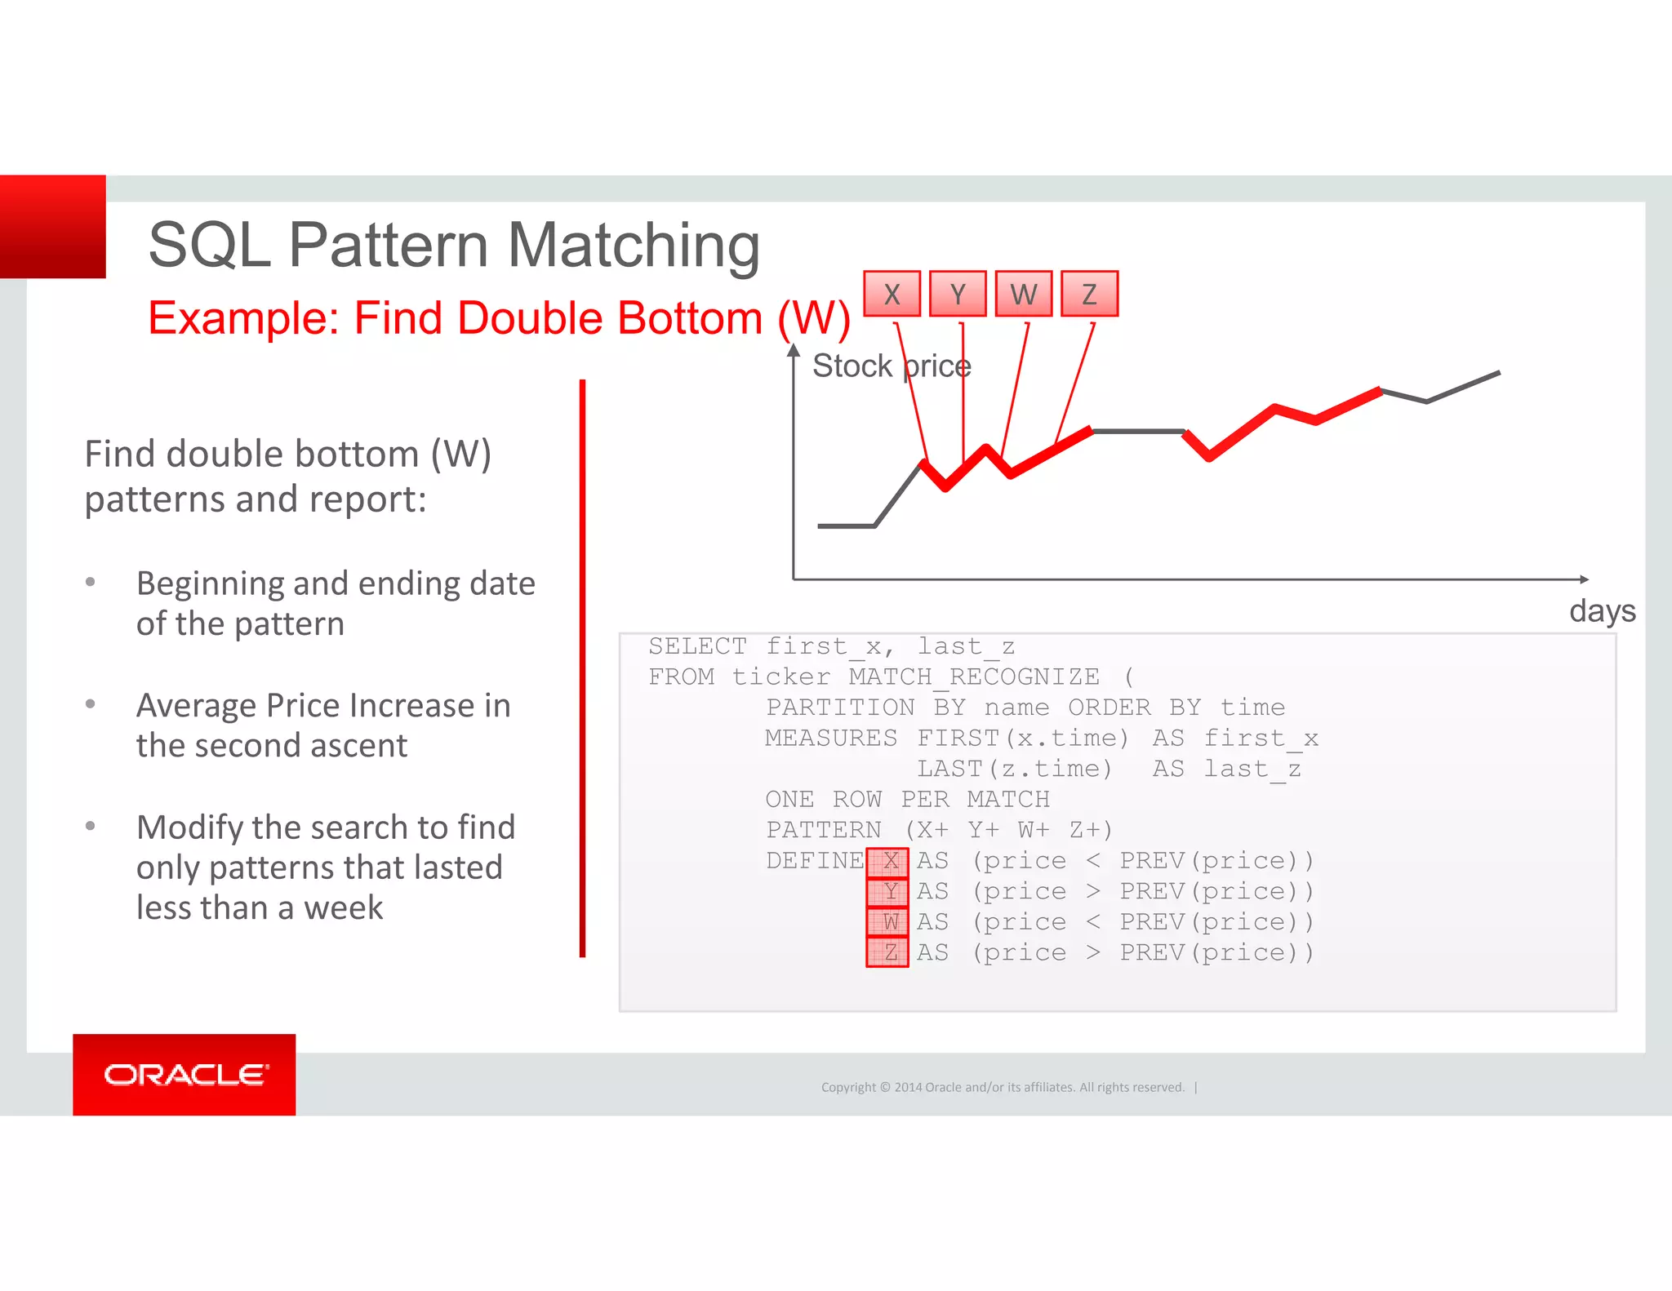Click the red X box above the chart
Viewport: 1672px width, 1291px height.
tap(892, 294)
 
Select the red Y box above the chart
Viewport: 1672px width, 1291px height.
tap(958, 294)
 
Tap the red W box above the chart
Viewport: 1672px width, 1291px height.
tap(1024, 294)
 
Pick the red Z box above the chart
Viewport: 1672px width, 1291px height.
tap(1089, 294)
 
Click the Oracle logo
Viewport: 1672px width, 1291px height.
tap(185, 1075)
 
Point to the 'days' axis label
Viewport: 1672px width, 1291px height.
tap(1602, 611)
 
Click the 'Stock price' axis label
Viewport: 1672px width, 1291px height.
tap(892, 366)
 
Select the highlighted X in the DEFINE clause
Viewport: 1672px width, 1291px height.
tap(888, 861)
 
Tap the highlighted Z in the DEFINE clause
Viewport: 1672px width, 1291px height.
tap(888, 952)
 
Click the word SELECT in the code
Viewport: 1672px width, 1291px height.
tap(697, 646)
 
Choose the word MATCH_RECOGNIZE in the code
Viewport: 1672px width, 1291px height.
tap(974, 677)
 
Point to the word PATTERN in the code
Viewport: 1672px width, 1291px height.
tap(823, 830)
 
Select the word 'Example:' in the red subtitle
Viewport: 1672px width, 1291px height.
tap(243, 318)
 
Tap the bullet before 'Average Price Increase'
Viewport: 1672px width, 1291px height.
tap(91, 703)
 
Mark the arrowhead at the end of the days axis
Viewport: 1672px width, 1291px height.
tap(1584, 579)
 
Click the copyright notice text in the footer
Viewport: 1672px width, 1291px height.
tap(1003, 1087)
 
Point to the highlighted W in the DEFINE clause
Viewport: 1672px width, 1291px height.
tap(888, 922)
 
